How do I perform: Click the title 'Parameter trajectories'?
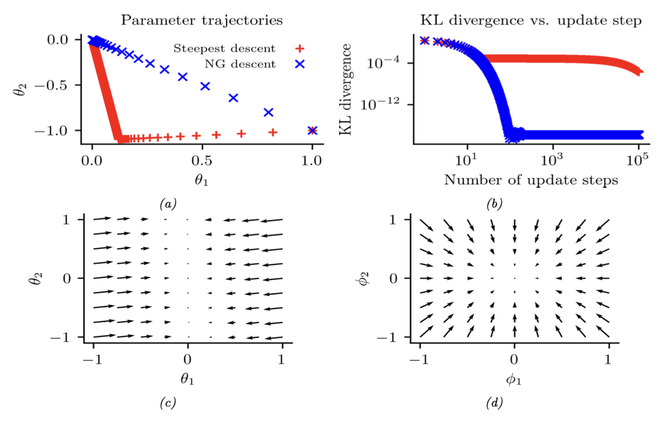[202, 20]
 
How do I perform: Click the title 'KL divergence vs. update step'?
[531, 20]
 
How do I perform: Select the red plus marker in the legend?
[300, 49]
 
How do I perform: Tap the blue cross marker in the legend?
[300, 64]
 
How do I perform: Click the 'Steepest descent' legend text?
[224, 49]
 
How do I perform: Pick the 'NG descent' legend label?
[240, 64]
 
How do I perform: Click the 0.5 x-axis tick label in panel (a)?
[202, 161]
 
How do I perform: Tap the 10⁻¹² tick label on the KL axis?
[380, 104]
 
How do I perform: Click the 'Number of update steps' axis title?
[531, 180]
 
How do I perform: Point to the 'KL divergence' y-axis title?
[345, 90]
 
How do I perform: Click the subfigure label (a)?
[168, 204]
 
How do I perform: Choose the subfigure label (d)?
[494, 403]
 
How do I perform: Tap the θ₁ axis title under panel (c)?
[187, 379]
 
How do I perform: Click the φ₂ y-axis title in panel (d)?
[364, 278]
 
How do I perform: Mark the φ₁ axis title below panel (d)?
[514, 379]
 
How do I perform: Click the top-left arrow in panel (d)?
[426, 225]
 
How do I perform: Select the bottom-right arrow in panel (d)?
[603, 331]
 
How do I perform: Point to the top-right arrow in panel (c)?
[271, 221]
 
